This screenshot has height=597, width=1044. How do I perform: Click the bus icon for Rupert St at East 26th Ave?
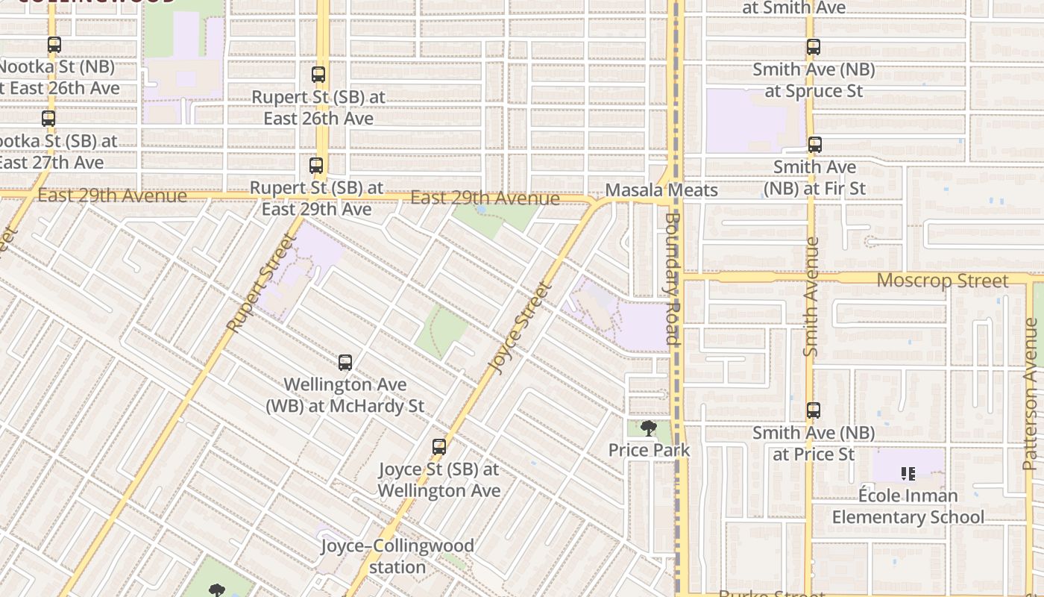tap(318, 75)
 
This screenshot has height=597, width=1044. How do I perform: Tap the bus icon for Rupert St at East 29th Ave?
tap(316, 166)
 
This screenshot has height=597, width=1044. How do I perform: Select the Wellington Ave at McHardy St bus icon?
tap(345, 363)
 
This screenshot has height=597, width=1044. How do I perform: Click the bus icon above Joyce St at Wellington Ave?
tap(439, 447)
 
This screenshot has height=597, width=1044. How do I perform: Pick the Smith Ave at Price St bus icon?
tap(814, 410)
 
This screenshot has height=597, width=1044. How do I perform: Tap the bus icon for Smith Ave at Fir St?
tap(815, 145)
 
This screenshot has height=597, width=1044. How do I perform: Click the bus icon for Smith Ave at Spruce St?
tap(814, 47)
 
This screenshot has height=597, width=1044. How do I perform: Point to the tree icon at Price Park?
tap(649, 428)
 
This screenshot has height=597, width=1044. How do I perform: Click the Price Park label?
tap(649, 450)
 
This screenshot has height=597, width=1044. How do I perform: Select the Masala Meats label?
tap(661, 190)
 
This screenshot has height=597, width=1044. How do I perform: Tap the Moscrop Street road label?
tap(942, 281)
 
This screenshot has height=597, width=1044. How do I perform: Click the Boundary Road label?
tap(673, 278)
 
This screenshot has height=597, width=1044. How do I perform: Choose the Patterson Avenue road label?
tap(1030, 394)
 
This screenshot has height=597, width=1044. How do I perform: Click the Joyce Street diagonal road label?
tap(521, 328)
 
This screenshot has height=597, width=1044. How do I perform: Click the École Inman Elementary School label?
tap(908, 506)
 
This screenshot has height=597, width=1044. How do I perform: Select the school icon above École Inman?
tap(908, 473)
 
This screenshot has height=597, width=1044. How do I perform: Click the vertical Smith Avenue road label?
tap(811, 296)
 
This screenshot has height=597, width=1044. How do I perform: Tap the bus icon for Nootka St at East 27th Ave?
tap(48, 119)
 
